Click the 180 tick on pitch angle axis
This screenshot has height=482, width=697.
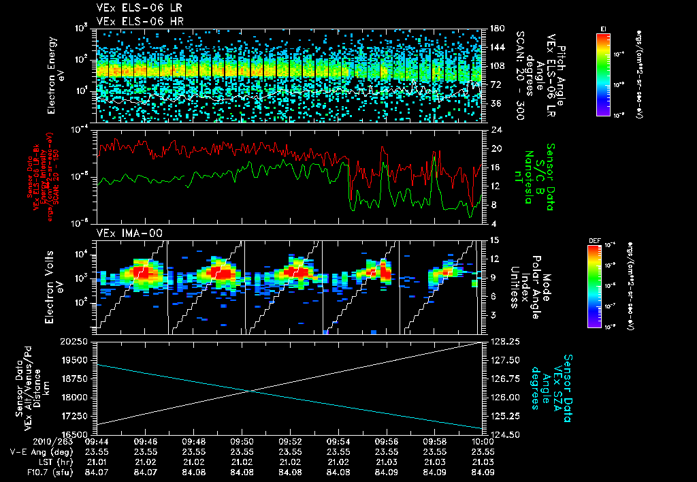tap(496, 29)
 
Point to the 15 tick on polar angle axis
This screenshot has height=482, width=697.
tap(495, 240)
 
